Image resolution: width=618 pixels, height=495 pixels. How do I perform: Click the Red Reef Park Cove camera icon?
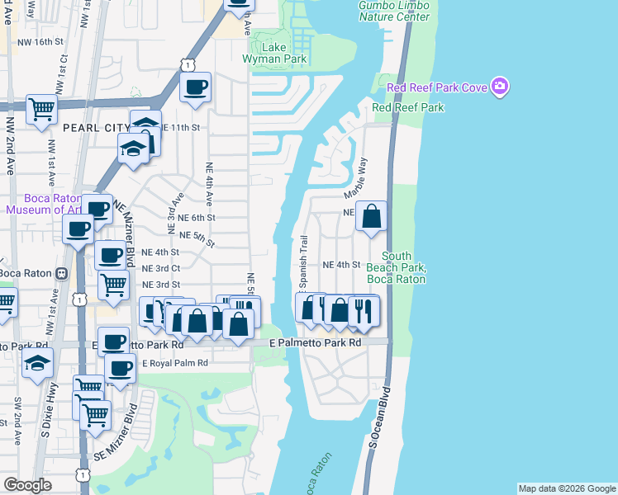coord(499,87)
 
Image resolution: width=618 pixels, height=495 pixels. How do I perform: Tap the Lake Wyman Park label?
coord(274,53)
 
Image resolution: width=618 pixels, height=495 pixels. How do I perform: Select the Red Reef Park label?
coord(407,107)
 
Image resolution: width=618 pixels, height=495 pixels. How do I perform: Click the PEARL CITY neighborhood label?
coord(96,128)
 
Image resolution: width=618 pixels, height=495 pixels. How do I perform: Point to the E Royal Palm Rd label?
coord(175,362)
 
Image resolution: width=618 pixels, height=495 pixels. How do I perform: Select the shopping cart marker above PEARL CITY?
coord(40,109)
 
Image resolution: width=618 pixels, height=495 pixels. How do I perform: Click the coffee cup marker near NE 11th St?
coord(195,87)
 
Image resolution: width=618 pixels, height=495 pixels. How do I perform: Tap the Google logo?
coord(28,485)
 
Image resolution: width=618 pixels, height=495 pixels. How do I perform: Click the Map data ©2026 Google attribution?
coord(567,488)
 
